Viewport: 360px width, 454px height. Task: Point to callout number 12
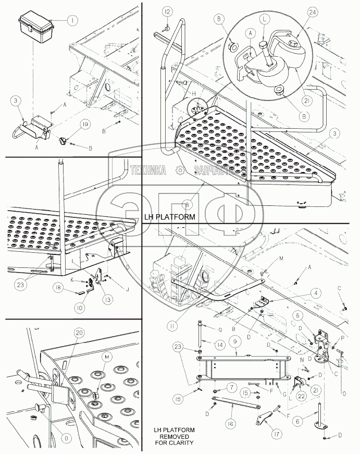coord(166,11)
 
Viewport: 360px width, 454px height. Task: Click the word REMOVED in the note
coord(173,436)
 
